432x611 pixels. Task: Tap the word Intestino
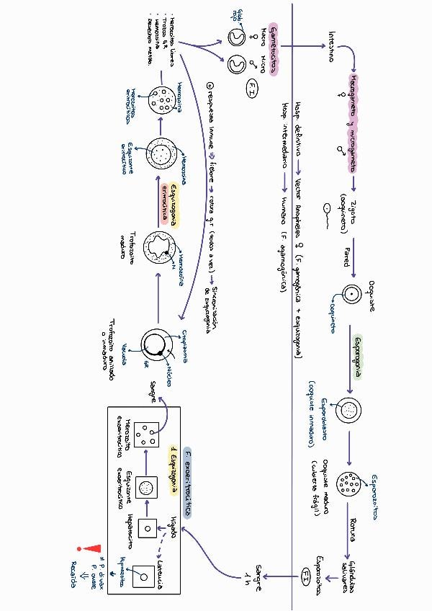pyautogui.click(x=330, y=46)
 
